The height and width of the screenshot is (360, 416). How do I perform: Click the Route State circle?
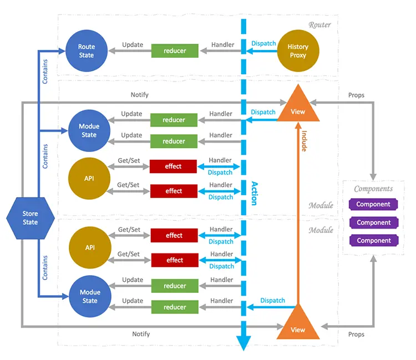pos(86,50)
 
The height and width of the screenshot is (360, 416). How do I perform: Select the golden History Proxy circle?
pos(298,50)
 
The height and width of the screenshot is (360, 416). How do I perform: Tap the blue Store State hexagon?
pos(30,217)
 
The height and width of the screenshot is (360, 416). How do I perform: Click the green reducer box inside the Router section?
pos(175,50)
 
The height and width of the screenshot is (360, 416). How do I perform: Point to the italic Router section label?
pos(319,25)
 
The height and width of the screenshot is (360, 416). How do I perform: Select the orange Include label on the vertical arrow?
pos(304,141)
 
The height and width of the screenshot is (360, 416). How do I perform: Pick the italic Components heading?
pos(373,189)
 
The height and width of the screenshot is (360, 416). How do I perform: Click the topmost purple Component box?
pos(373,204)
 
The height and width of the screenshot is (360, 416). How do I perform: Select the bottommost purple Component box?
pos(373,241)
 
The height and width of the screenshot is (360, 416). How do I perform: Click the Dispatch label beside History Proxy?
pos(263,43)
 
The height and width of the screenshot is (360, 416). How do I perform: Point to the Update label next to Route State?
pos(132,44)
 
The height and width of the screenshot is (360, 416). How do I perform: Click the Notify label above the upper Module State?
pos(140,95)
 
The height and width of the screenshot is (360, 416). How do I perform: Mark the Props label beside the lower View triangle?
pos(356,334)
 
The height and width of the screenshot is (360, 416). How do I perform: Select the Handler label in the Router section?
pos(222,44)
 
